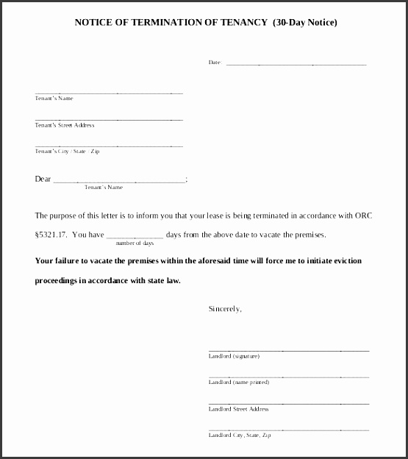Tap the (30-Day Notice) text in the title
tap(304, 22)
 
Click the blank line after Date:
tap(296, 64)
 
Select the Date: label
tap(215, 63)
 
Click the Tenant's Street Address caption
tap(65, 125)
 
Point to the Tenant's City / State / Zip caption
tap(67, 151)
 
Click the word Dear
tap(43, 179)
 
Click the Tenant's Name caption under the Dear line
tap(104, 188)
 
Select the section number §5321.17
tap(51, 235)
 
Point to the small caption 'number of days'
tap(135, 243)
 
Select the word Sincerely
tap(225, 309)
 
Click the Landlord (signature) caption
tap(234, 356)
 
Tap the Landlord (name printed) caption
tap(239, 382)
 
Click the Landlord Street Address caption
tap(239, 409)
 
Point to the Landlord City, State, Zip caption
tap(240, 435)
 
